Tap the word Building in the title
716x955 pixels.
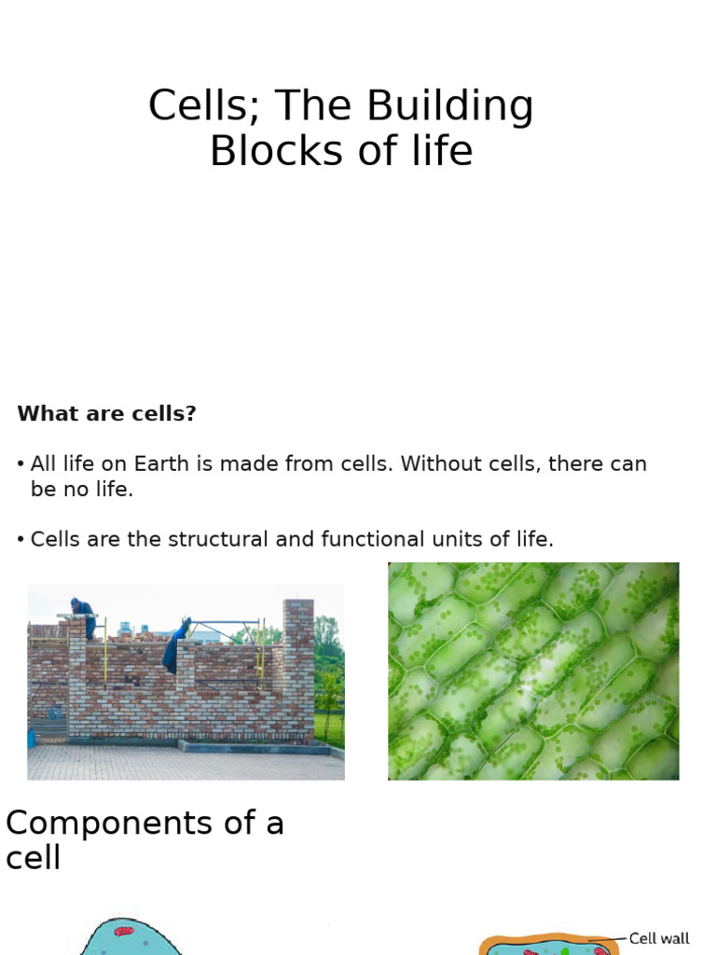[450, 106]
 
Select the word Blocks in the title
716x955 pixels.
[262, 151]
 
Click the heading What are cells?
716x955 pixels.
[106, 413]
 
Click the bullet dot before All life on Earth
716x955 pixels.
[21, 464]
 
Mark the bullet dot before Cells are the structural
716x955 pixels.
[21, 540]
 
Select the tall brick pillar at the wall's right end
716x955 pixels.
[298, 667]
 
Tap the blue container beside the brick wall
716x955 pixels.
[31, 737]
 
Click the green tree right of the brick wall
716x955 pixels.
[328, 653]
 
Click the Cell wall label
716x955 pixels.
[659, 938]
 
